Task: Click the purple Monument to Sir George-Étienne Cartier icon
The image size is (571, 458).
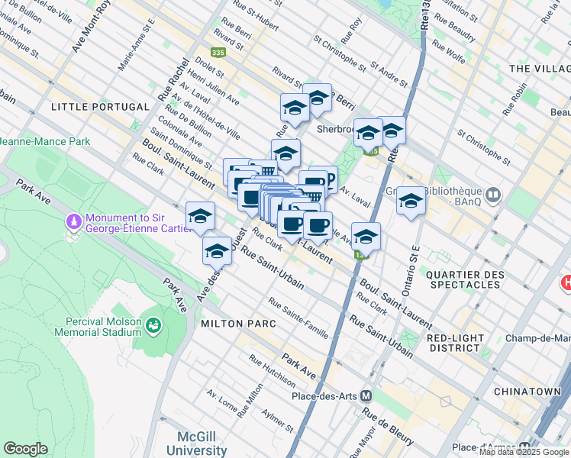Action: point(74,221)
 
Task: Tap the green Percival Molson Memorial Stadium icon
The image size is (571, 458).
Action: point(153,326)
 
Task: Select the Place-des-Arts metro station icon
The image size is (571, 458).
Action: point(366,396)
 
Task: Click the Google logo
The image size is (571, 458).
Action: point(25,449)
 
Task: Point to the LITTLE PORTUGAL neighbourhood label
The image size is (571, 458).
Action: point(99,107)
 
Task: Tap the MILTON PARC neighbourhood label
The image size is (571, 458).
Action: point(237,324)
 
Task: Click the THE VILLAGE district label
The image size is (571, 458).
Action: point(539,69)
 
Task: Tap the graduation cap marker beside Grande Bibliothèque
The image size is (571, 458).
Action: point(411,202)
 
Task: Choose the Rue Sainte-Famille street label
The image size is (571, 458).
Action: point(298,318)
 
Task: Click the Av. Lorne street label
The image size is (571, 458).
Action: point(224,404)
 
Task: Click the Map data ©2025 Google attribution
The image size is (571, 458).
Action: point(524,453)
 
